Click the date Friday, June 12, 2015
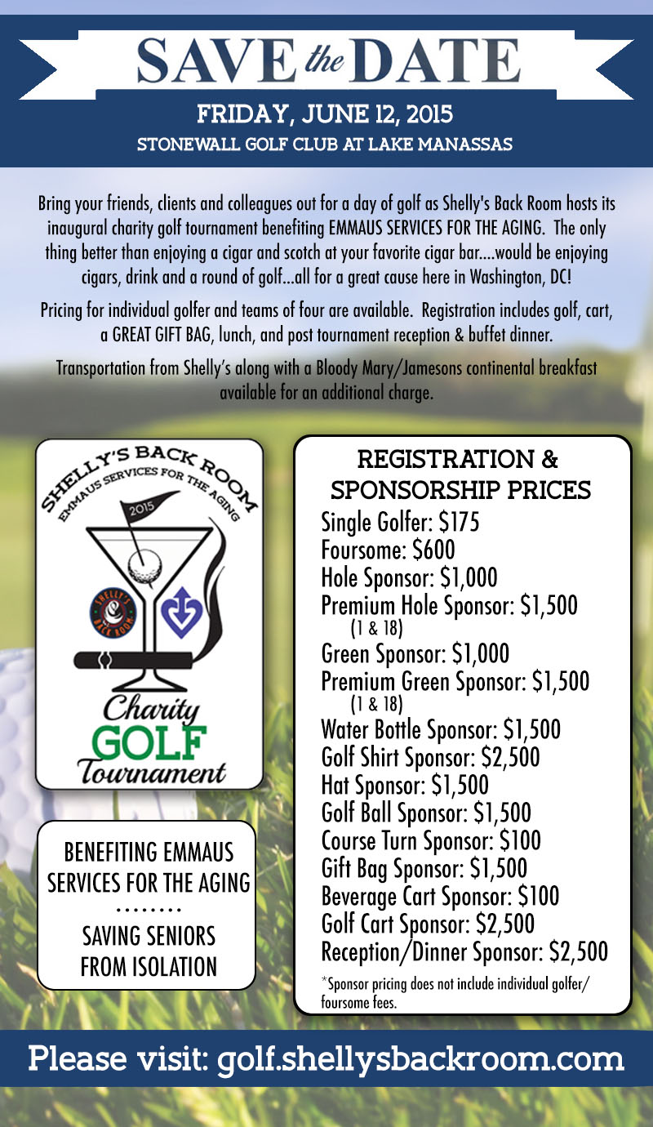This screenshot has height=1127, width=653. [x=325, y=113]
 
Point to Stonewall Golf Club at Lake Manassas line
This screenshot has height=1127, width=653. [x=325, y=145]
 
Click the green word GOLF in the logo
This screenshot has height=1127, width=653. [x=149, y=739]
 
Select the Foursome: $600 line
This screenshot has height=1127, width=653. [x=389, y=550]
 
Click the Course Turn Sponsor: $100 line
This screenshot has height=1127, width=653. [x=431, y=840]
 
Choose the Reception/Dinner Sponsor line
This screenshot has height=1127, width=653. [x=464, y=951]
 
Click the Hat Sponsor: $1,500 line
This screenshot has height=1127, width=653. [x=405, y=785]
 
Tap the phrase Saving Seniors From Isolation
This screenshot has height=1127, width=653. [x=149, y=951]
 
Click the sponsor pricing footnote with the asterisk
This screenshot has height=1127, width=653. [x=455, y=991]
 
